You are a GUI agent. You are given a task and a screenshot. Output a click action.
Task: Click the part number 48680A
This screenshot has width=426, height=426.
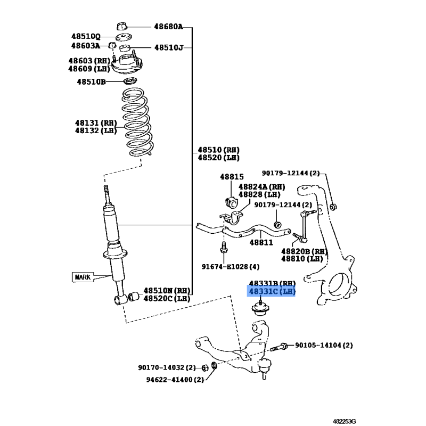click(x=168, y=27)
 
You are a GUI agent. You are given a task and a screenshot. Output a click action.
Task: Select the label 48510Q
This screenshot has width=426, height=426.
click(x=86, y=36)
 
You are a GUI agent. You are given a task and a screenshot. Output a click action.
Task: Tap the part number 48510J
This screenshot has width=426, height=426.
click(x=169, y=48)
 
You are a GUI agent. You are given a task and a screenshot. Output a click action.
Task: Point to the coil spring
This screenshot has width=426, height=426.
click(x=137, y=122)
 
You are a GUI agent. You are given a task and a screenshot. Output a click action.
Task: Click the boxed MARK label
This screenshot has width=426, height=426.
click(x=83, y=277)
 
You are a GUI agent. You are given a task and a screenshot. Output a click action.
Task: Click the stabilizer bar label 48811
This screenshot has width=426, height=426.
click(x=261, y=242)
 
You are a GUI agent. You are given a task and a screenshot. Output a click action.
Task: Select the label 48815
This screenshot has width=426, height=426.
click(x=232, y=177)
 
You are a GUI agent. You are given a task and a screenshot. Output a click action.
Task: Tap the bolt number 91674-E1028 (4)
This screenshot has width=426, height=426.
click(x=231, y=267)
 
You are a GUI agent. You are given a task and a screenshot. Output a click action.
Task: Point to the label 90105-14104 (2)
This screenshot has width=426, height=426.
click(x=324, y=345)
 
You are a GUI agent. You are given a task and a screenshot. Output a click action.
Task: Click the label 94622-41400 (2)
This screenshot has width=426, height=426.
click(x=175, y=380)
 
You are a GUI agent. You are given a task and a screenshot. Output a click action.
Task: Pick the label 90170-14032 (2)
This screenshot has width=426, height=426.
click(x=167, y=367)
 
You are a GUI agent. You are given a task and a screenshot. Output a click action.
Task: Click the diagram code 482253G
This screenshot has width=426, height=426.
click(x=344, y=421)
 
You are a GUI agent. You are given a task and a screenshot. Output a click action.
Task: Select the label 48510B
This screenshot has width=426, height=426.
click(x=91, y=82)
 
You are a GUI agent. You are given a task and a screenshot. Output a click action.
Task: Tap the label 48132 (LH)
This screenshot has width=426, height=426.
click(x=96, y=130)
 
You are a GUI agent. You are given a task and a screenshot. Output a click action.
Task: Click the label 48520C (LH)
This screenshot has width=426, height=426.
click(x=167, y=299)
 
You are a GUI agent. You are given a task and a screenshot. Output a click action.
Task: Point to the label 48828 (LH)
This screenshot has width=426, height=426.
click(x=259, y=194)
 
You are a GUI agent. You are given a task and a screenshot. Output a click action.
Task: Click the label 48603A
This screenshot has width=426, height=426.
click(x=86, y=46)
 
